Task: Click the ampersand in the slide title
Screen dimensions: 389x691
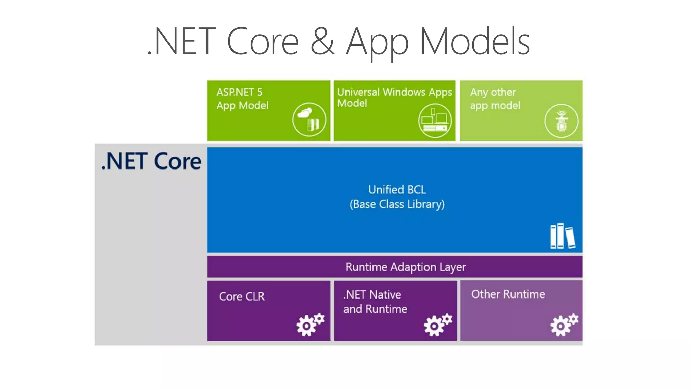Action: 322,42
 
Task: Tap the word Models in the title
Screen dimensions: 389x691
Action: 475,42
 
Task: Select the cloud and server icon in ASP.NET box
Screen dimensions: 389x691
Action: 309,120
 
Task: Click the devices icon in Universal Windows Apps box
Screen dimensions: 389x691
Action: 435,121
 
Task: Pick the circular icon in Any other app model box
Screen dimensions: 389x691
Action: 561,121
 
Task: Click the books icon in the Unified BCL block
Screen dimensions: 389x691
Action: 562,236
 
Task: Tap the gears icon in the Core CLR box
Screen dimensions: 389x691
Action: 310,325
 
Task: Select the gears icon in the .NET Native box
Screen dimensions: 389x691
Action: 438,325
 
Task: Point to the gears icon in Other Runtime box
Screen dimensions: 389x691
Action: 564,325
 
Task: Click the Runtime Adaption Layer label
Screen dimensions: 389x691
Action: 405,267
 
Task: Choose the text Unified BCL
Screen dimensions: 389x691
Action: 397,190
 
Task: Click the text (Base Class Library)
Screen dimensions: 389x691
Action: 397,204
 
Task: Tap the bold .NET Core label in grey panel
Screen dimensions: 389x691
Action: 151,161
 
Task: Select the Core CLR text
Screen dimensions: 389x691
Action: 242,296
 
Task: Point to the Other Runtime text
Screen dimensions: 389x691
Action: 508,294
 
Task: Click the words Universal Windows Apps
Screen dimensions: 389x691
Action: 394,92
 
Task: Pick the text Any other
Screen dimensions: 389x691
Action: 493,92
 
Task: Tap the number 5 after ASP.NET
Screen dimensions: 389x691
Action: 260,92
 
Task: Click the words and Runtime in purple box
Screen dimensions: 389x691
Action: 375,309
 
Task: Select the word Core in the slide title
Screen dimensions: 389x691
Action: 263,42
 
